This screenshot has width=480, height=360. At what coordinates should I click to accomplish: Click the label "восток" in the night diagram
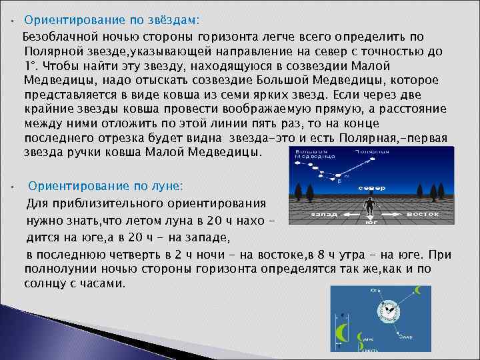tap(423, 214)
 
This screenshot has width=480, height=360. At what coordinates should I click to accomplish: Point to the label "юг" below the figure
tap(371, 222)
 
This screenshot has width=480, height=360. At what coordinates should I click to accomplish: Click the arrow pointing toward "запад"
tap(339, 215)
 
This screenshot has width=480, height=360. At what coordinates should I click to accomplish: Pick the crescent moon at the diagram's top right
tap(419, 290)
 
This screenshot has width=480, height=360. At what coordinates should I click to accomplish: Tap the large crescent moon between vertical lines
tap(341, 331)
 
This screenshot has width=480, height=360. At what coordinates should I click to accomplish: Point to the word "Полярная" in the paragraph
tap(387, 137)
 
